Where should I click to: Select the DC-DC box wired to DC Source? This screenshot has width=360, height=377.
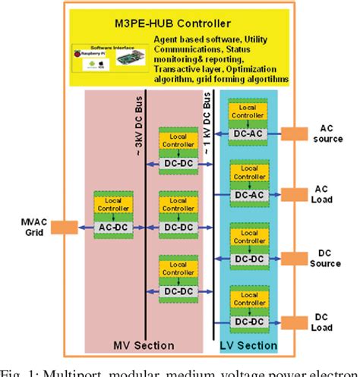[x=249, y=259]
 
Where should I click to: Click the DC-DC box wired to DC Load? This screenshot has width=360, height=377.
[x=249, y=322]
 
